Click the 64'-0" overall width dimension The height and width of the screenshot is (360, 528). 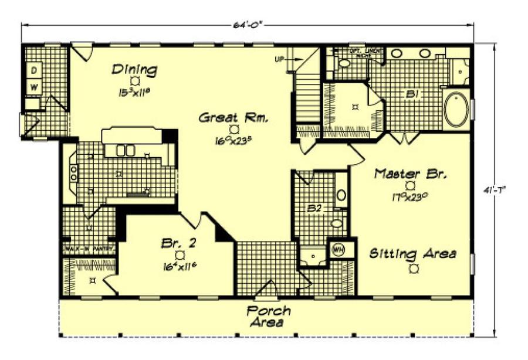click(x=249, y=25)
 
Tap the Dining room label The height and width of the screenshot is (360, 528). click(x=134, y=70)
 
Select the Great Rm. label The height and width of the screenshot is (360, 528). click(x=233, y=118)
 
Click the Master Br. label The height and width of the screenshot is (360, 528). click(x=411, y=174)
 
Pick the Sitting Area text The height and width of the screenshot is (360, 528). click(x=413, y=254)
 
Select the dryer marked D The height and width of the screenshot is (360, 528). click(x=34, y=70)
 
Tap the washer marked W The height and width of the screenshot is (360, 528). click(x=34, y=86)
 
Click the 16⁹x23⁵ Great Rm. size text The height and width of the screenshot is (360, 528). click(x=233, y=140)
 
